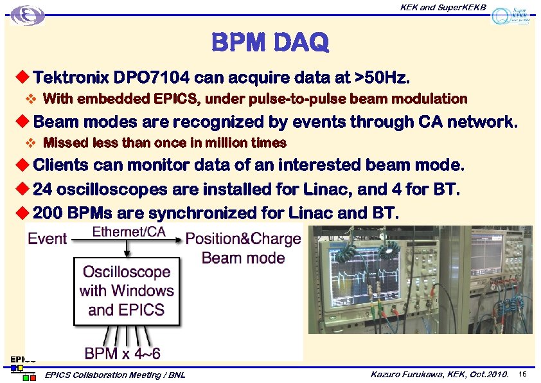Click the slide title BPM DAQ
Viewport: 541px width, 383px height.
click(270, 43)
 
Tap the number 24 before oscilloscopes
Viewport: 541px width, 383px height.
click(42, 190)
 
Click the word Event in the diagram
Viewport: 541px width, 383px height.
click(47, 238)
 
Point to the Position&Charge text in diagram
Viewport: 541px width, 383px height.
click(243, 239)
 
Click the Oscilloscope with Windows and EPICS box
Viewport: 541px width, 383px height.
click(127, 290)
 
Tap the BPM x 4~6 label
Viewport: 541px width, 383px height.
click(122, 353)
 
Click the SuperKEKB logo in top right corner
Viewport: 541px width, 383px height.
click(510, 15)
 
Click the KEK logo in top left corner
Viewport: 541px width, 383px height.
click(28, 15)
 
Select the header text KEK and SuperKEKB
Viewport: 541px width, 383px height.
click(443, 7)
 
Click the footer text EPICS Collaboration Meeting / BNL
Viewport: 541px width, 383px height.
click(116, 375)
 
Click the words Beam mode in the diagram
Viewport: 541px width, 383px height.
click(243, 258)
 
